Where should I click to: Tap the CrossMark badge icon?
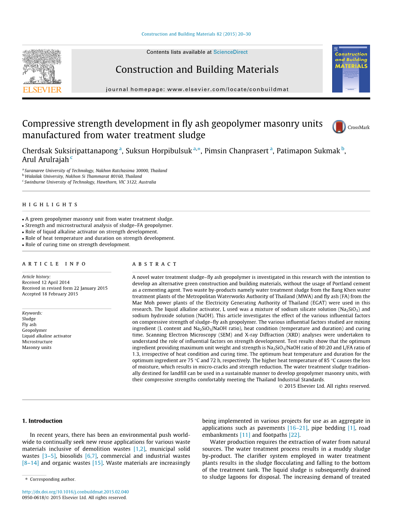[339, 127]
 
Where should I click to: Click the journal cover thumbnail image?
[351, 69]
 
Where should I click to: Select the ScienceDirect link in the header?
[230, 52]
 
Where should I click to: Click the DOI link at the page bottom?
[75, 492]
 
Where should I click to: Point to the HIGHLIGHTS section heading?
[50, 205]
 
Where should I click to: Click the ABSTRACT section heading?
[154, 264]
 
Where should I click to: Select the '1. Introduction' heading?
[42, 421]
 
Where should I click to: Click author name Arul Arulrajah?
[46, 160]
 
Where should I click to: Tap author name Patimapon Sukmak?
[308, 151]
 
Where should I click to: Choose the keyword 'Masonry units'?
[37, 347]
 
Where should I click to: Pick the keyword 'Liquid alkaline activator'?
[47, 336]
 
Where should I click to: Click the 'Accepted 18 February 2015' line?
[50, 294]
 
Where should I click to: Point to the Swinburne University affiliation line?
[90, 182]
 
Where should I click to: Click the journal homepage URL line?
[197, 90]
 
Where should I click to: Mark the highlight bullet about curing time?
[77, 244]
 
